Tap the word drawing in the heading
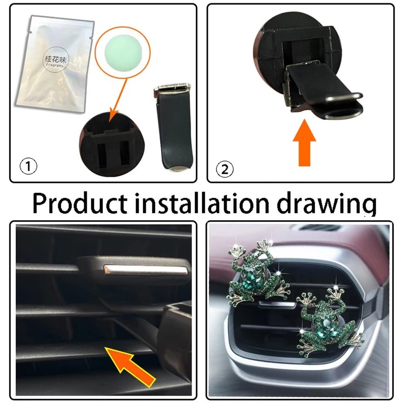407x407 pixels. point(326,205)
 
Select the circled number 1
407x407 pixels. point(28,166)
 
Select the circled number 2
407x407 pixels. point(224,169)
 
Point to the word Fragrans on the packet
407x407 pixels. point(54,66)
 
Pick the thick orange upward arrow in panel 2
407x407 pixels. point(304,143)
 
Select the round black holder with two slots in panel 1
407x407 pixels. point(111,144)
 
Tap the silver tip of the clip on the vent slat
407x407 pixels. point(146,271)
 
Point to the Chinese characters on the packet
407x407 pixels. point(55,60)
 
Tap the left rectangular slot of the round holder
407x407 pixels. point(102,155)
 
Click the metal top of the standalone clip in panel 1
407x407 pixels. point(172,88)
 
